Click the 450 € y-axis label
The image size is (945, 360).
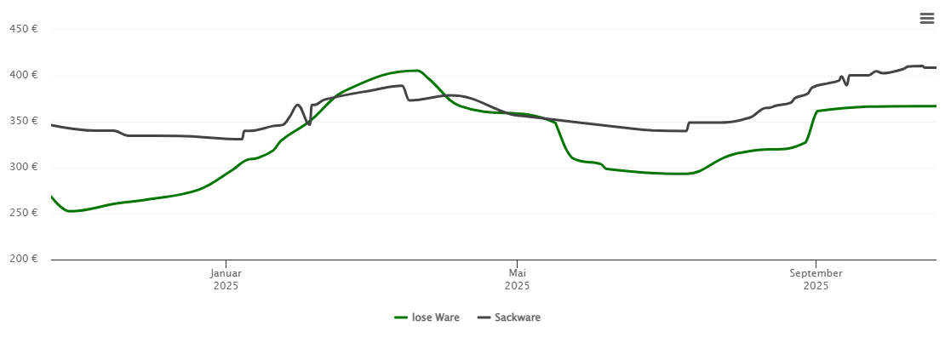click(x=23, y=29)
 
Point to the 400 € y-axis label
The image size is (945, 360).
click(x=23, y=75)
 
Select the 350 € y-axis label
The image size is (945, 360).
click(x=23, y=121)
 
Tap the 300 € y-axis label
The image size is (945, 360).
click(x=23, y=167)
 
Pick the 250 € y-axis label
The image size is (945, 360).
click(x=23, y=213)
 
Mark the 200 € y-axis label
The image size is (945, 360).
click(x=23, y=259)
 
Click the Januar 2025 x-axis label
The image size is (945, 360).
click(x=226, y=279)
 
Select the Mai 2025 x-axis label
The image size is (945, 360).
click(x=517, y=279)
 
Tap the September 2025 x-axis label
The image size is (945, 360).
click(x=816, y=279)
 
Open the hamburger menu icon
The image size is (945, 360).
click(x=926, y=19)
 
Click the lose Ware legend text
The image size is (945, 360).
click(x=435, y=317)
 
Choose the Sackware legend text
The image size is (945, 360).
click(x=518, y=317)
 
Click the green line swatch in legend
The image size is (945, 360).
click(x=402, y=317)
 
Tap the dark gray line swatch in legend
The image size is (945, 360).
click(x=484, y=317)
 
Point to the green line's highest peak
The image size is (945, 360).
click(x=415, y=71)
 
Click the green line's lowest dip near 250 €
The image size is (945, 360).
click(x=70, y=211)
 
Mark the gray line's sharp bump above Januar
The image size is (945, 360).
click(x=297, y=106)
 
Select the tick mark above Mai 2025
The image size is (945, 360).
click(x=517, y=263)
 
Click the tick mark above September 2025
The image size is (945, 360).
click(x=816, y=263)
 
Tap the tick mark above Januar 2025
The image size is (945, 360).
click(x=226, y=263)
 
